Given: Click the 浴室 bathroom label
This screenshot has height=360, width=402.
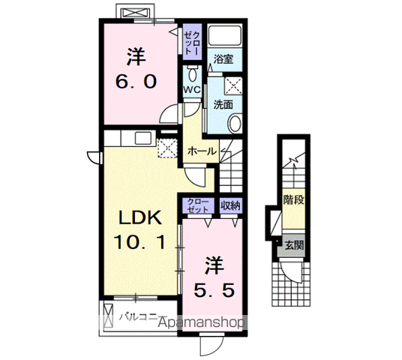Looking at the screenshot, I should [223, 58].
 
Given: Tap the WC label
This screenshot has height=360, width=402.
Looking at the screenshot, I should [192, 90].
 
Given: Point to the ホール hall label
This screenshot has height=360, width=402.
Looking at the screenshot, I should [202, 151].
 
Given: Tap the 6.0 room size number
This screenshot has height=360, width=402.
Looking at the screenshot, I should [136, 81].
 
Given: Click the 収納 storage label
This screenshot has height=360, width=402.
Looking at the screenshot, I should [230, 205].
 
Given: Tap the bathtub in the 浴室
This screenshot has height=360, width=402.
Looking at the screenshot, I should [223, 36].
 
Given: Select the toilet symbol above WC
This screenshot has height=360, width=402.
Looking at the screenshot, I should [193, 74].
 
